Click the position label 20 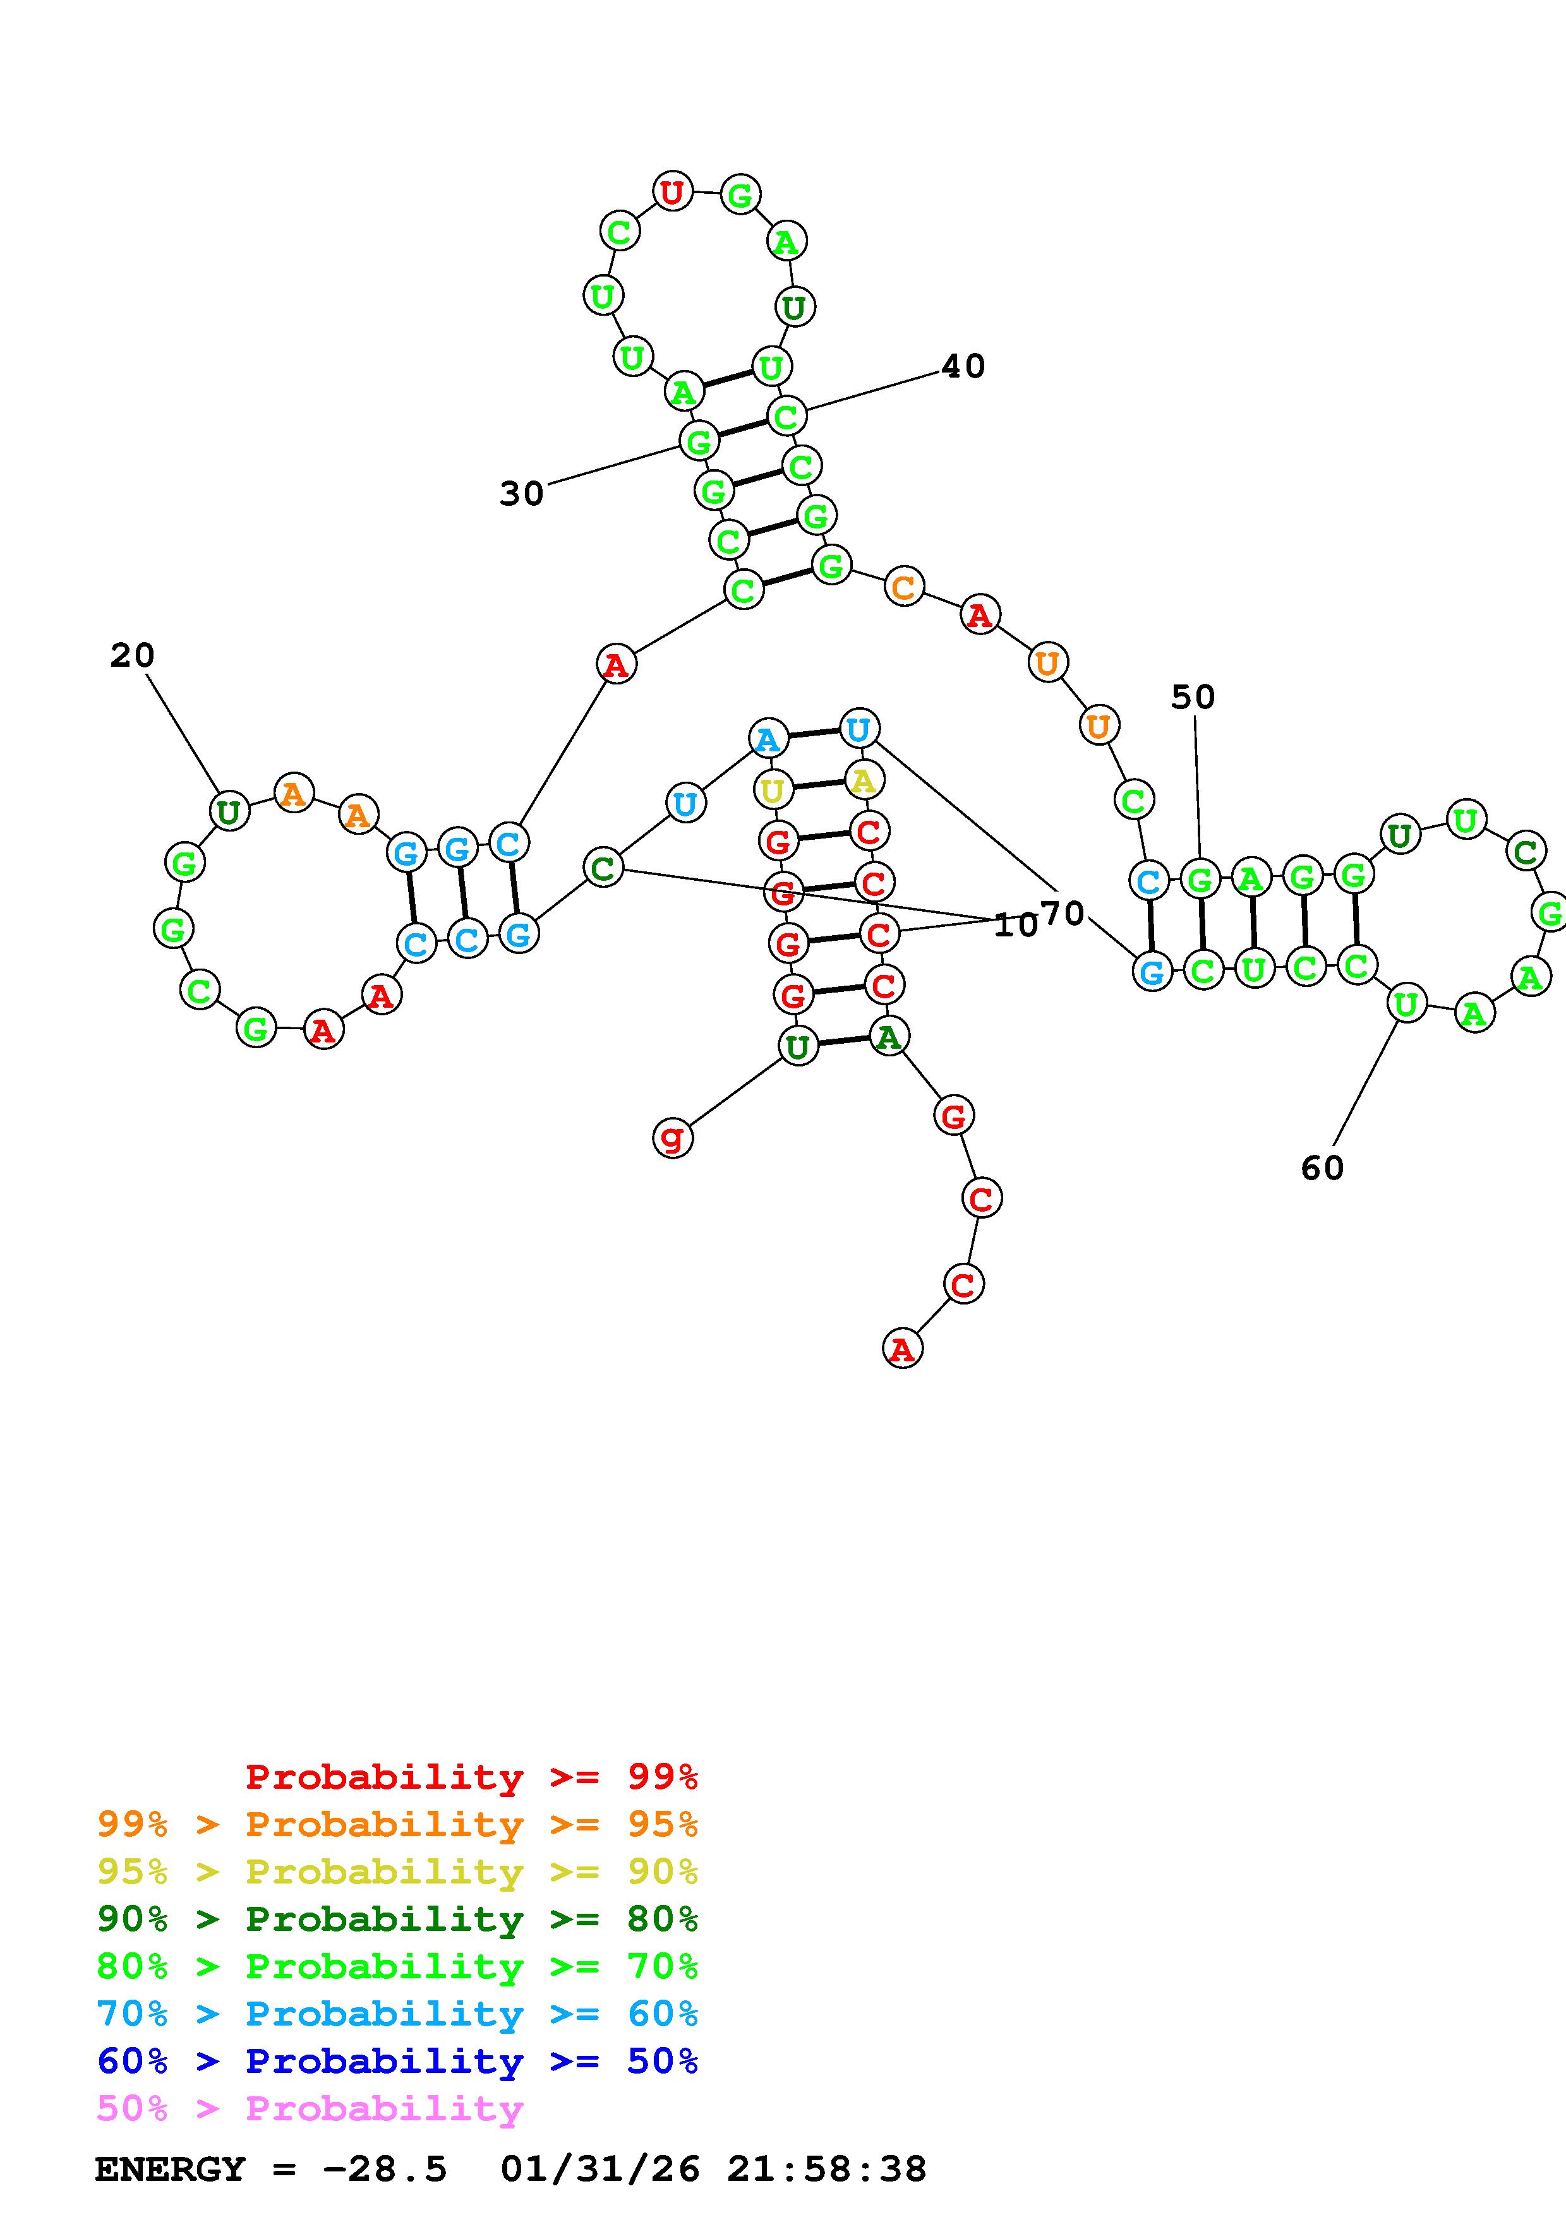click(132, 656)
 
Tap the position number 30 click(521, 494)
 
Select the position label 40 click(963, 367)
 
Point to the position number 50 click(1193, 696)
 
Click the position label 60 click(1322, 1168)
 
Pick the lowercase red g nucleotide click(673, 1137)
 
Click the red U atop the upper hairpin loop click(673, 192)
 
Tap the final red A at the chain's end click(902, 1349)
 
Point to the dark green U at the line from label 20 click(229, 811)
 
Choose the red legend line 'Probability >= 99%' click(472, 1777)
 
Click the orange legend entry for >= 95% click(397, 1824)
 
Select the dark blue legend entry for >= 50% click(397, 2061)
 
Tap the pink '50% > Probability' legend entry click(310, 2108)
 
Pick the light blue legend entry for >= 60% click(397, 2014)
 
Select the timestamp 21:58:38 click(827, 2170)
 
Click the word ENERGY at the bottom click(170, 2170)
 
